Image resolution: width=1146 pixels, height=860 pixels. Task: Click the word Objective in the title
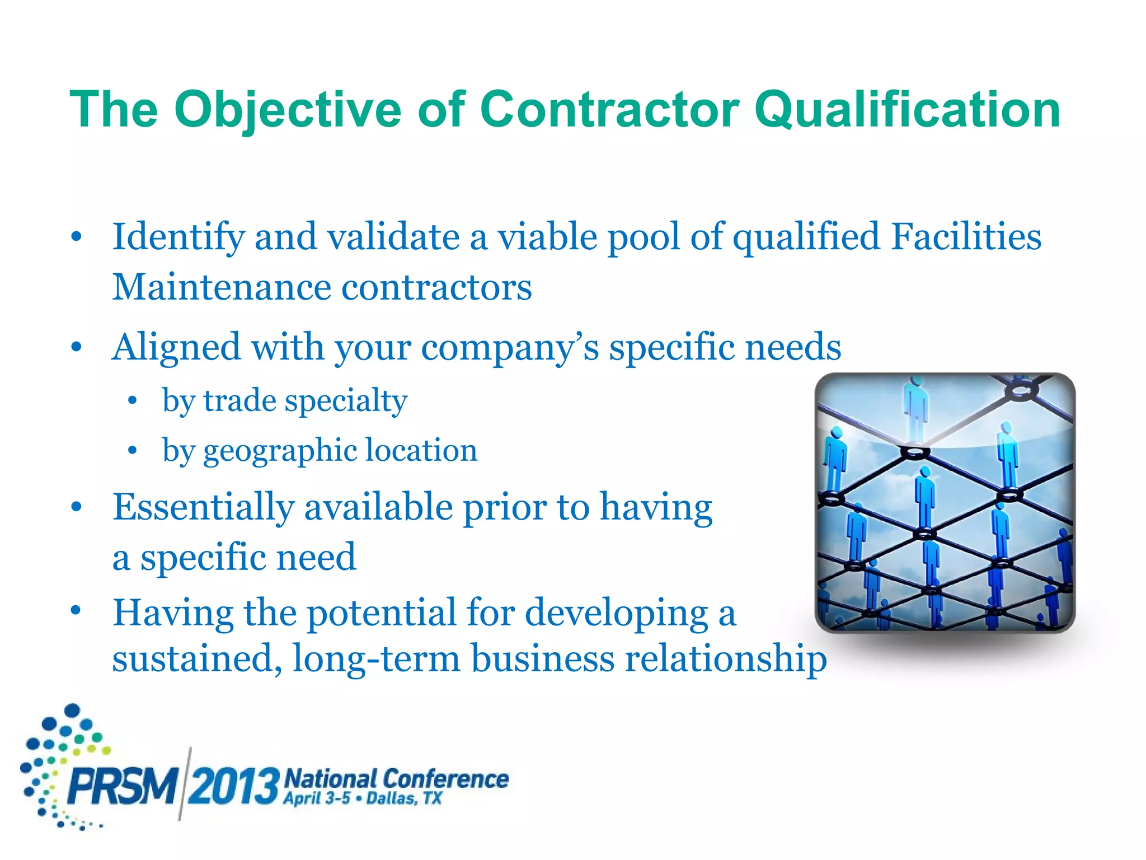[x=288, y=110]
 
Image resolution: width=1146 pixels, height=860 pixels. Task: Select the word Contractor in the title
[x=609, y=110]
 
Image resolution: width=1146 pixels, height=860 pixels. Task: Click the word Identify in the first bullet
[x=178, y=237]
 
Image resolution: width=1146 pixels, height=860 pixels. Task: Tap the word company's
[x=510, y=348]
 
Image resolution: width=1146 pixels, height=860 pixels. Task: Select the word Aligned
[x=176, y=348]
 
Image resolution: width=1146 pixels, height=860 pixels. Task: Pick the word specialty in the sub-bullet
[x=346, y=401]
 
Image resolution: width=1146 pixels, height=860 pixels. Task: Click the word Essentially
[x=203, y=507]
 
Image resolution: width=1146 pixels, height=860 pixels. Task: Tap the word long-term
[x=376, y=658]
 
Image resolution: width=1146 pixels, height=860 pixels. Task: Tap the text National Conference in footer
[x=396, y=778]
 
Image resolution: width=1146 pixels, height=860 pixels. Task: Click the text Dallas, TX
[x=404, y=798]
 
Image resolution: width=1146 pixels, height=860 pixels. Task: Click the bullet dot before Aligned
[x=77, y=348]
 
